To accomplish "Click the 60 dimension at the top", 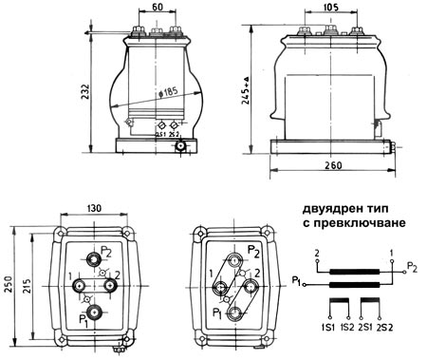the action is [x=158, y=7].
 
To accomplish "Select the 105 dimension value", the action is [x=330, y=7].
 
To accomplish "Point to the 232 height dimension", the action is [x=85, y=92].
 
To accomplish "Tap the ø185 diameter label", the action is [x=169, y=92].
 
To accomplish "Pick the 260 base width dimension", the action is [x=333, y=165].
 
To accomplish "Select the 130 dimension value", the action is [x=94, y=208].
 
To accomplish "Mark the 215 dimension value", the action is [x=27, y=286].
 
